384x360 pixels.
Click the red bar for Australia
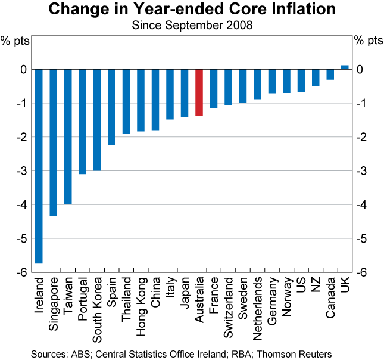tap(199, 92)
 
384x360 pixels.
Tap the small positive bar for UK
tap(345, 67)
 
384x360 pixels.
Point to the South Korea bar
tap(97, 120)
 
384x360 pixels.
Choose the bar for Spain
tap(112, 107)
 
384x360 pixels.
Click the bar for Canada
tap(330, 75)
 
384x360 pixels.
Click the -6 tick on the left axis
tap(22, 272)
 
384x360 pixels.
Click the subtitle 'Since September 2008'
tap(192, 26)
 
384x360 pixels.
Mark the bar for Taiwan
tap(68, 136)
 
